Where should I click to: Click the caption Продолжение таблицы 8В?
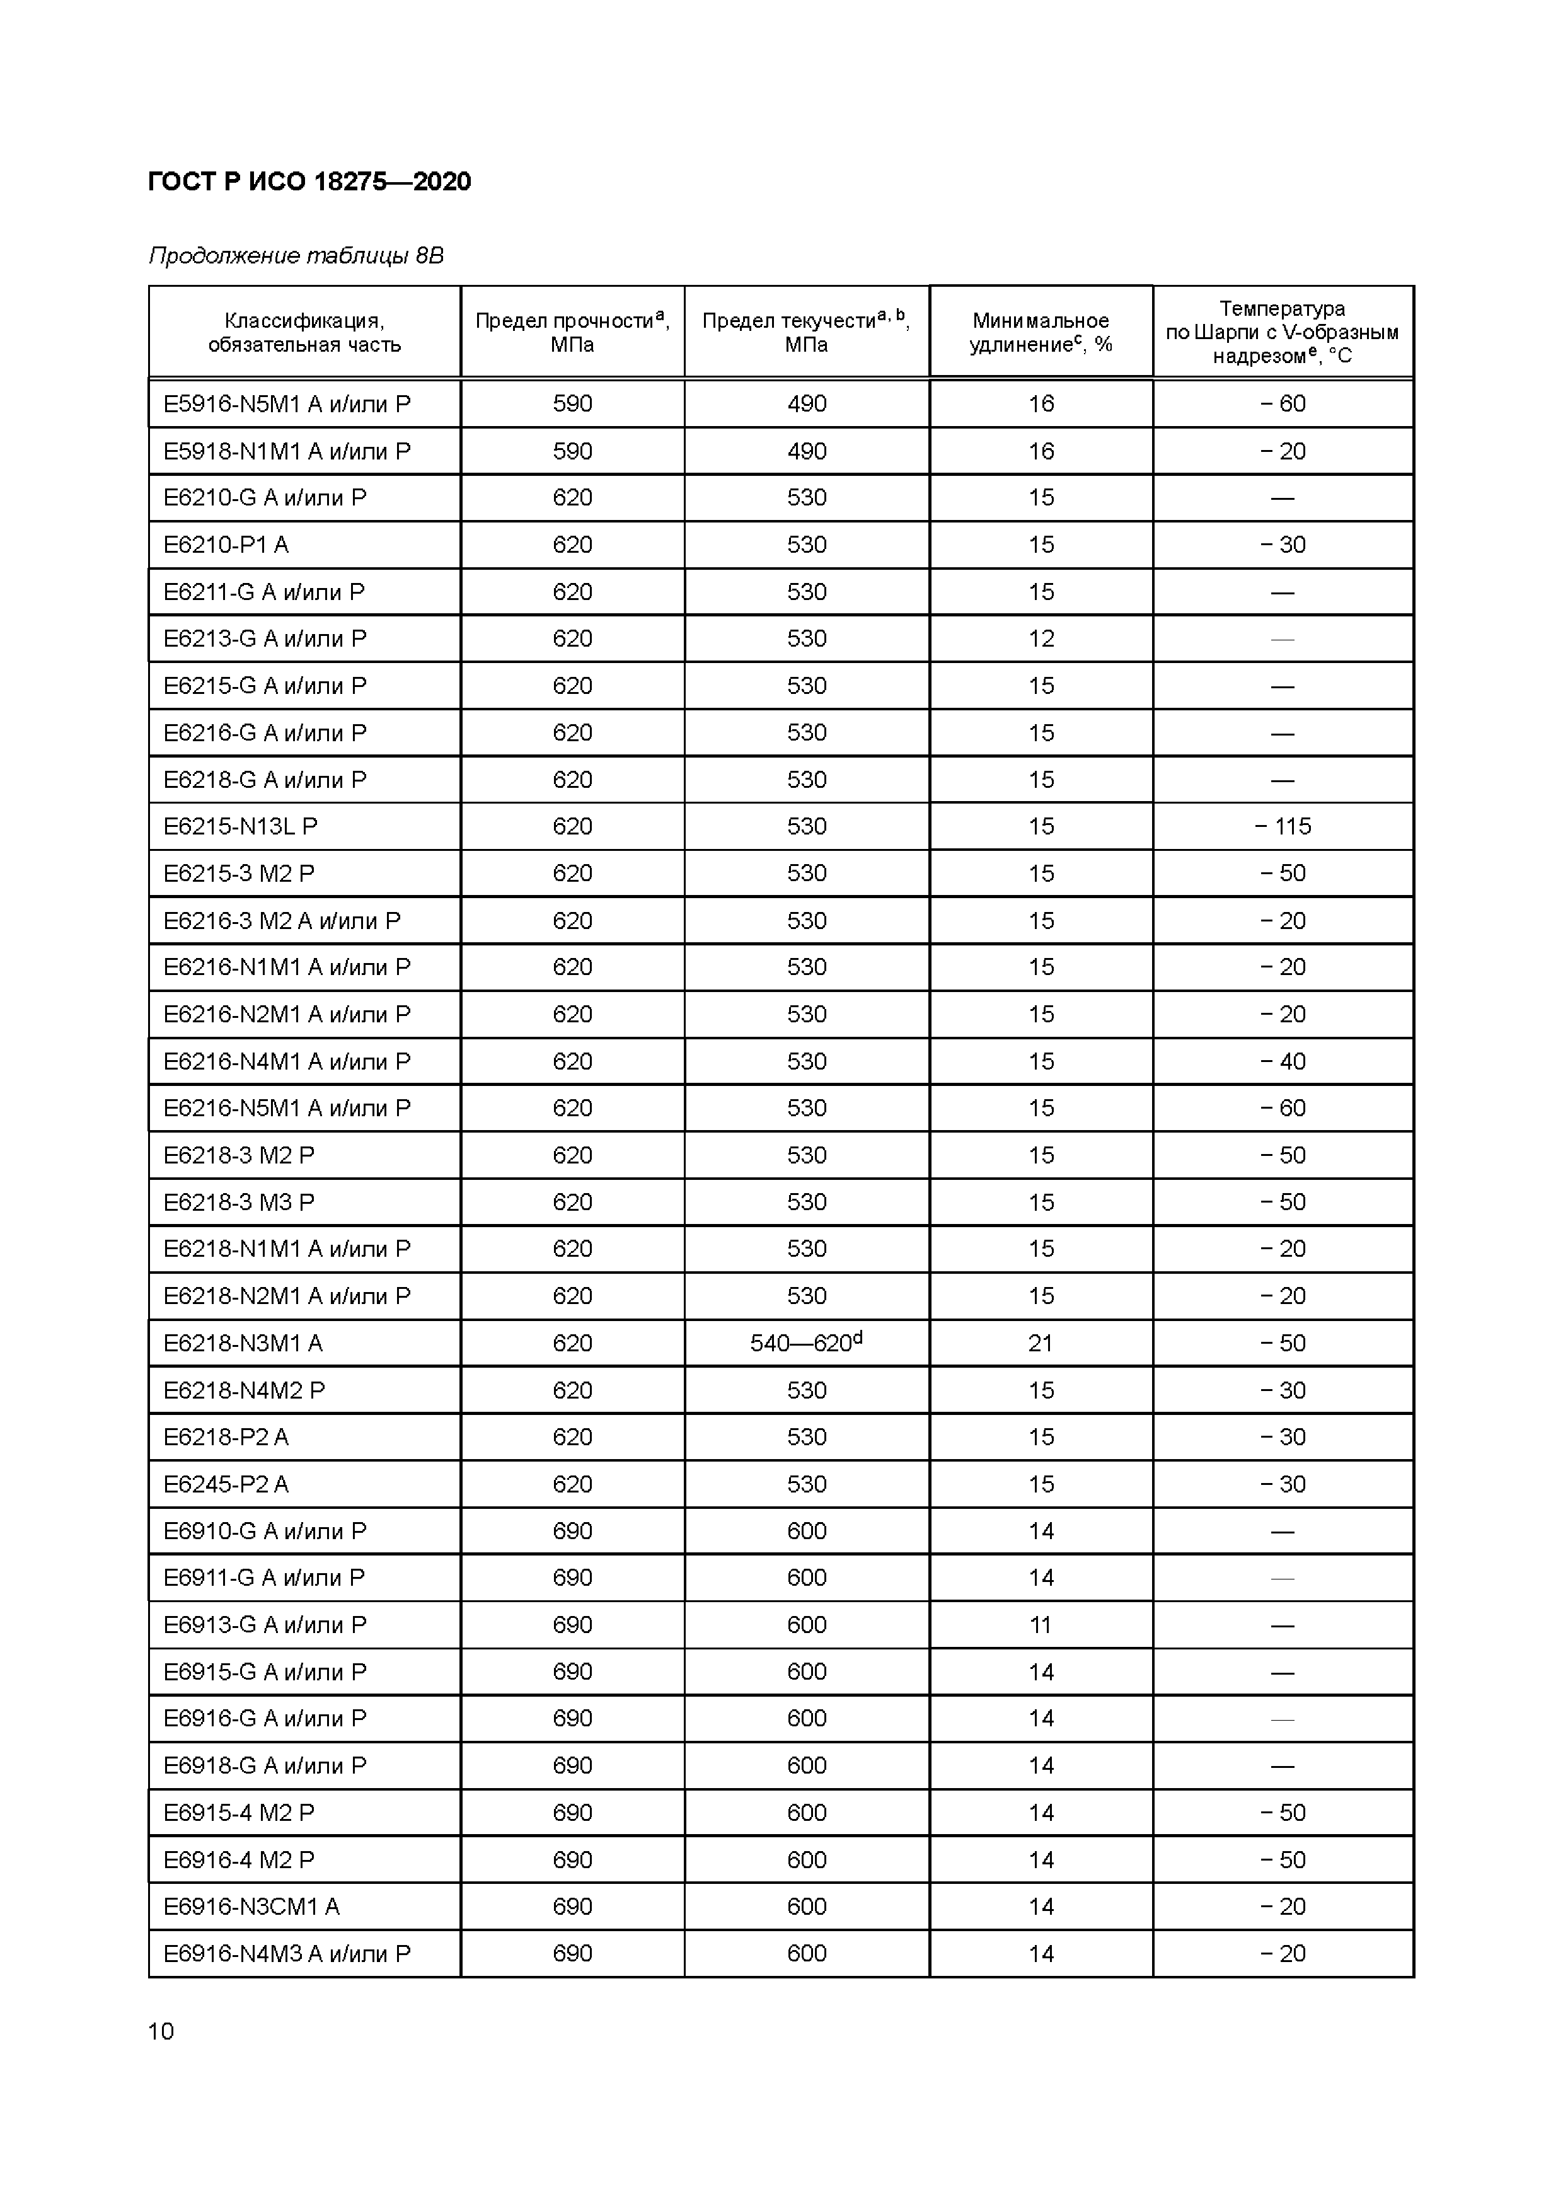(296, 255)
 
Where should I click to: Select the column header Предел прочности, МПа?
(572, 332)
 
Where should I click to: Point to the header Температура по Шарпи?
(1282, 332)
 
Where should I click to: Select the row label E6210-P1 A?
(226, 545)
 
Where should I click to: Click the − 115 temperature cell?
(1282, 826)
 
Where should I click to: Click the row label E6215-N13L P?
(241, 826)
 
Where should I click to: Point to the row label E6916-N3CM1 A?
(251, 1907)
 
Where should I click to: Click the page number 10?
(161, 2032)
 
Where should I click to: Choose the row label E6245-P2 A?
(226, 1484)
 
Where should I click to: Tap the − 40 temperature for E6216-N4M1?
(1282, 1061)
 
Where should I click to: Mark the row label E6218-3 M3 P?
(239, 1202)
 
